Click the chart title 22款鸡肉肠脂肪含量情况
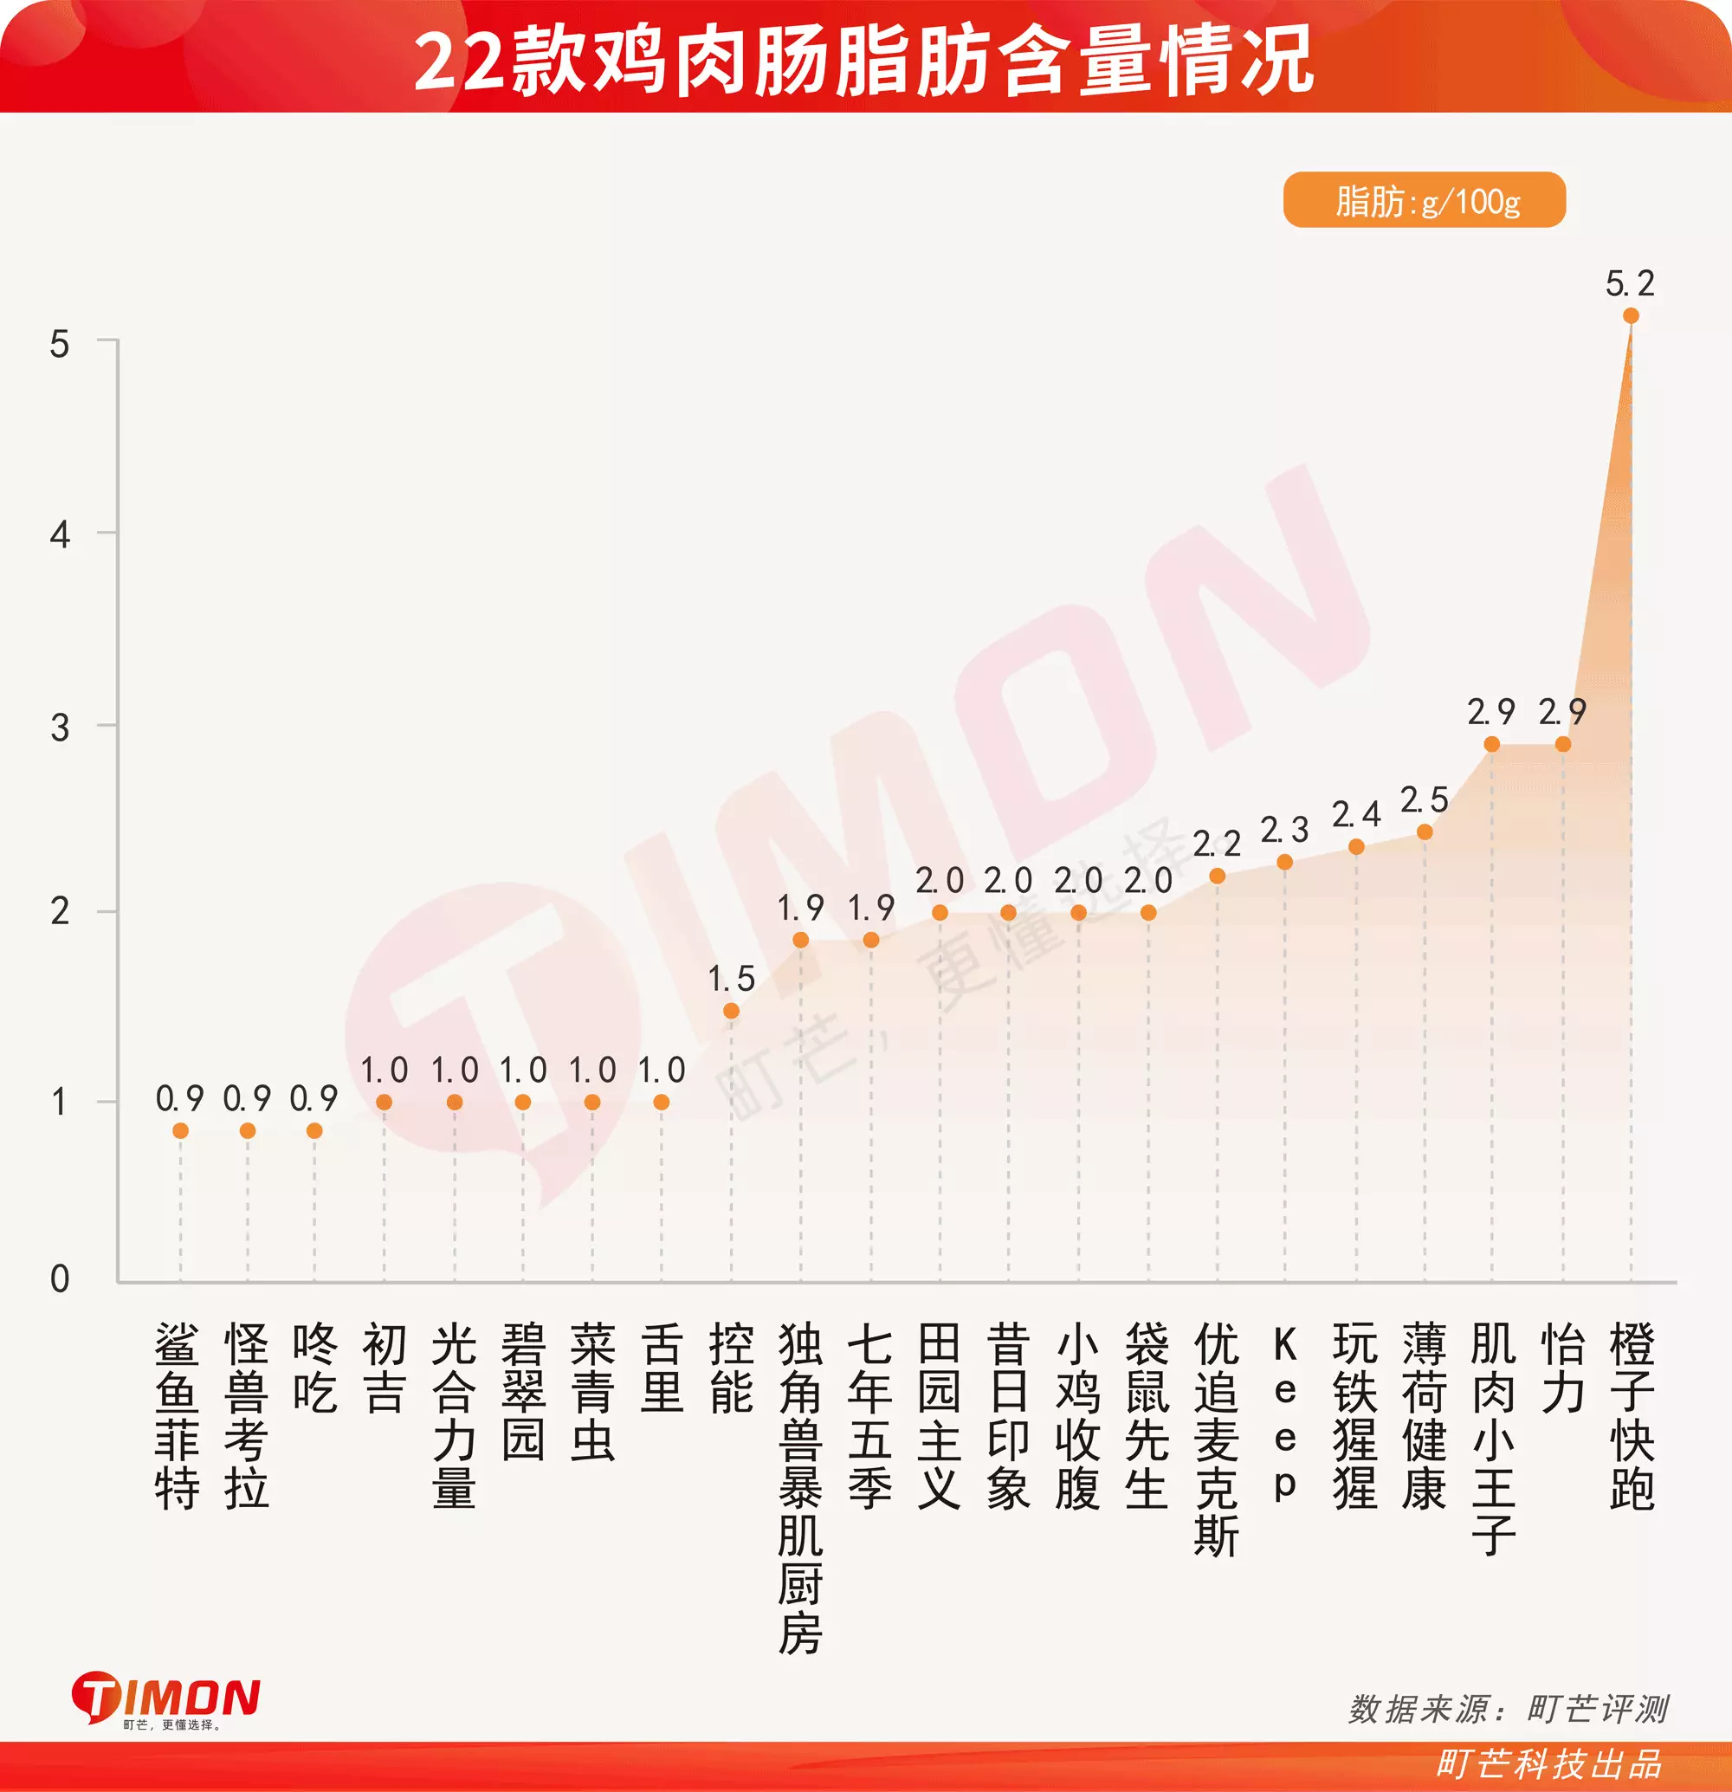pos(863,61)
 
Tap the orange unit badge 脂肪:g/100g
pos(1424,200)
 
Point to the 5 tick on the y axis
pos(60,345)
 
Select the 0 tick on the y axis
pos(60,1279)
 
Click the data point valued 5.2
pos(1631,316)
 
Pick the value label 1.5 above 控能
pos(731,980)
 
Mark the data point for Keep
pos(1284,862)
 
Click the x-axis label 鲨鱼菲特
pos(178,1416)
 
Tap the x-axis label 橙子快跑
pos(1632,1416)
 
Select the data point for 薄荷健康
pos(1424,832)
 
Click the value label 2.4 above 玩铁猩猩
pos(1355,813)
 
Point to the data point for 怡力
pos(1563,744)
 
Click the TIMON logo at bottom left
pos(165,1699)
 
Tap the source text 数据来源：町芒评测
pos(1508,1709)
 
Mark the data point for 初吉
pos(384,1103)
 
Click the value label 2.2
pos(1217,843)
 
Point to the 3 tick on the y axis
pos(60,728)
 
